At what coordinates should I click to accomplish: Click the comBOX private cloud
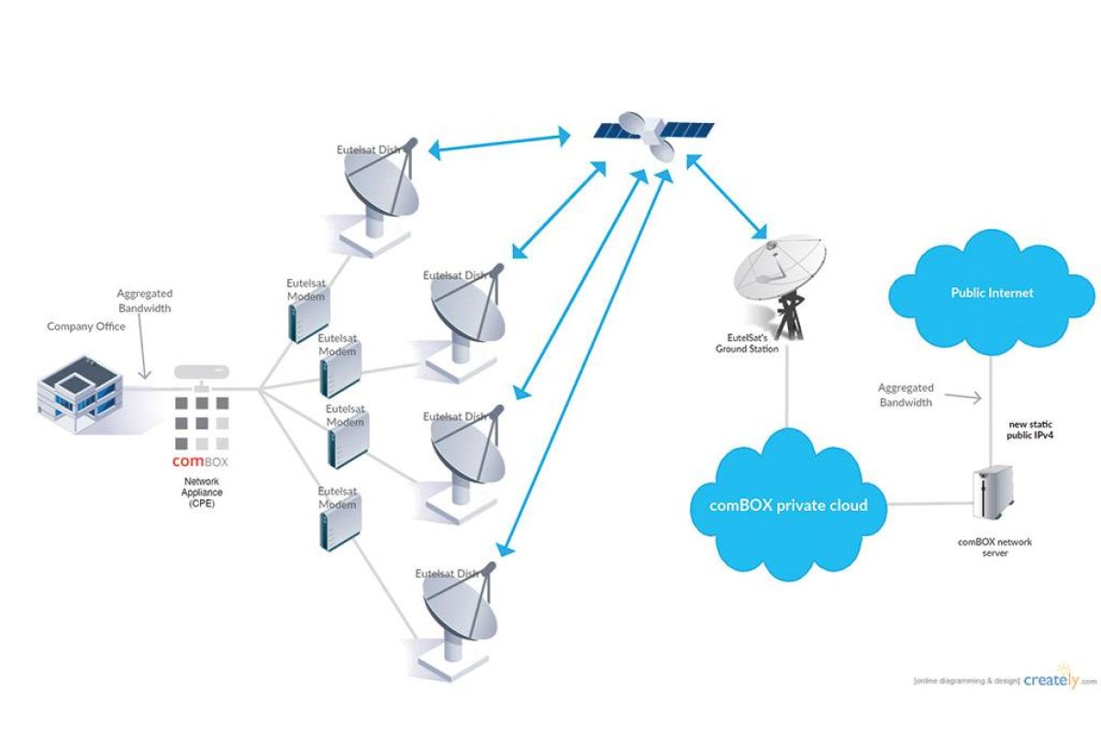[787, 506]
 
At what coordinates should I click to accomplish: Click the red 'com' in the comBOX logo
[187, 462]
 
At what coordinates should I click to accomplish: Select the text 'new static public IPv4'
[1032, 431]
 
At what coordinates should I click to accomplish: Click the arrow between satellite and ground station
[729, 197]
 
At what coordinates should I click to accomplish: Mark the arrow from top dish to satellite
[500, 144]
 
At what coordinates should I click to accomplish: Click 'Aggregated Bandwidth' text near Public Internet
[906, 395]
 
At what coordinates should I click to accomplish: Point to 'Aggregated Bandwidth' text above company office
[144, 301]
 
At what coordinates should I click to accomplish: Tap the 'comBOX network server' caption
[995, 548]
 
